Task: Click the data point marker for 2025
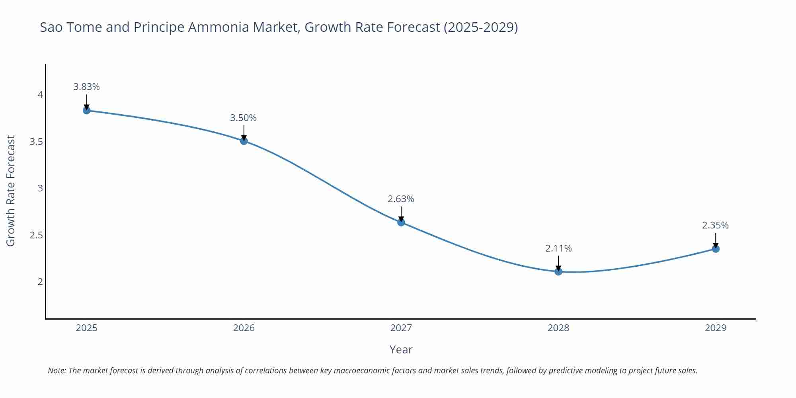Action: click(87, 110)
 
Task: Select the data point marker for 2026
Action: click(244, 141)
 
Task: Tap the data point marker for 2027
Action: click(401, 222)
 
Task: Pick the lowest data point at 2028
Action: click(558, 271)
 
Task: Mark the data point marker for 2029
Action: click(716, 249)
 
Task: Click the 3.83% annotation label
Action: click(86, 87)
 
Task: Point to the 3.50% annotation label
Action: click(243, 118)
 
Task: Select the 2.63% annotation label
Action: click(401, 199)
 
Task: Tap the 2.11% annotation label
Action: click(558, 248)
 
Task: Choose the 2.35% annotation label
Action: click(715, 225)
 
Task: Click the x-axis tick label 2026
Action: click(244, 328)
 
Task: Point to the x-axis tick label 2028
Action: click(558, 328)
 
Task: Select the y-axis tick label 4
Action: click(40, 95)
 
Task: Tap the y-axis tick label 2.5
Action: click(36, 235)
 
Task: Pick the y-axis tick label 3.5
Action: click(36, 142)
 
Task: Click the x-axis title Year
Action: click(401, 349)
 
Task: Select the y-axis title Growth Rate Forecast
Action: click(11, 191)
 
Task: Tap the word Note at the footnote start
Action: click(57, 371)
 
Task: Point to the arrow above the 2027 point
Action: click(401, 214)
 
